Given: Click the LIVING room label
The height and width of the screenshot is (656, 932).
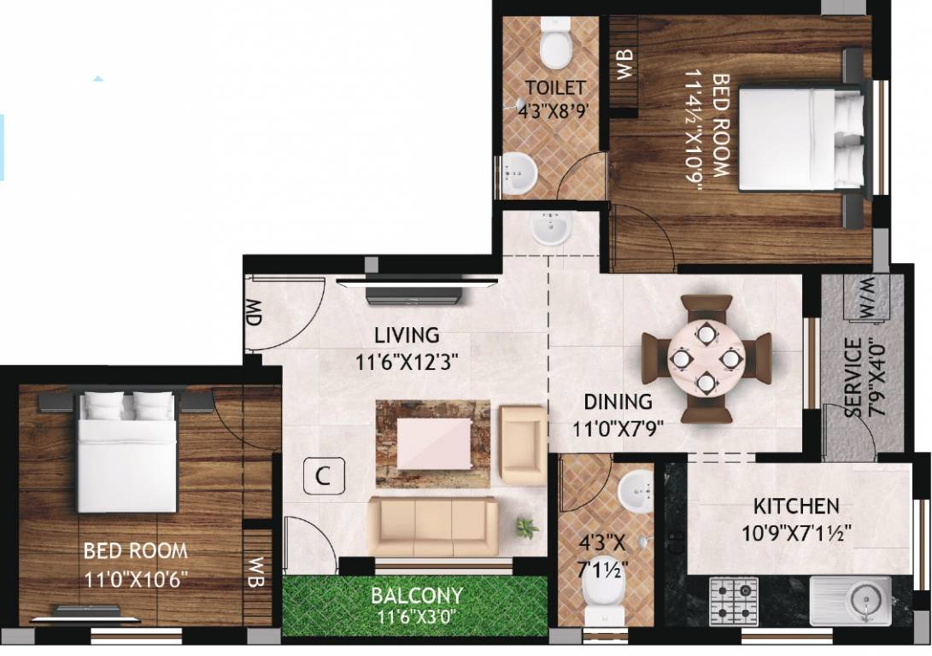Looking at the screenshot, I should pos(407,335).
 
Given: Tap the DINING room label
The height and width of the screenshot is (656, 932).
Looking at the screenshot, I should pos(618,401).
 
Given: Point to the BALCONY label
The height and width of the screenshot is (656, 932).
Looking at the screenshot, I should pos(416,595).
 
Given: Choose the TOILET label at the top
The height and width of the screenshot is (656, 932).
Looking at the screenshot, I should pos(555,87).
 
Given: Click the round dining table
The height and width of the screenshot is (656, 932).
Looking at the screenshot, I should pos(706,358).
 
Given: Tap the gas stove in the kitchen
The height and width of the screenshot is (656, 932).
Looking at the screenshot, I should pos(733,600).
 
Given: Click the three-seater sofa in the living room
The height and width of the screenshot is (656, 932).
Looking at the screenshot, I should pos(432,525).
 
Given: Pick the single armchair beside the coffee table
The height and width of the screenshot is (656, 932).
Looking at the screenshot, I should pos(522,445).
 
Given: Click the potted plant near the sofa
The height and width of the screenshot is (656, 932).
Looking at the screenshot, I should pos(527,528).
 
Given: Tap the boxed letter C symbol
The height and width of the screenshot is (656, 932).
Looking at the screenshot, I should pos(323,477).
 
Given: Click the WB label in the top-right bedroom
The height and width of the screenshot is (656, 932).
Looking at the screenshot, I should pos(624,65).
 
